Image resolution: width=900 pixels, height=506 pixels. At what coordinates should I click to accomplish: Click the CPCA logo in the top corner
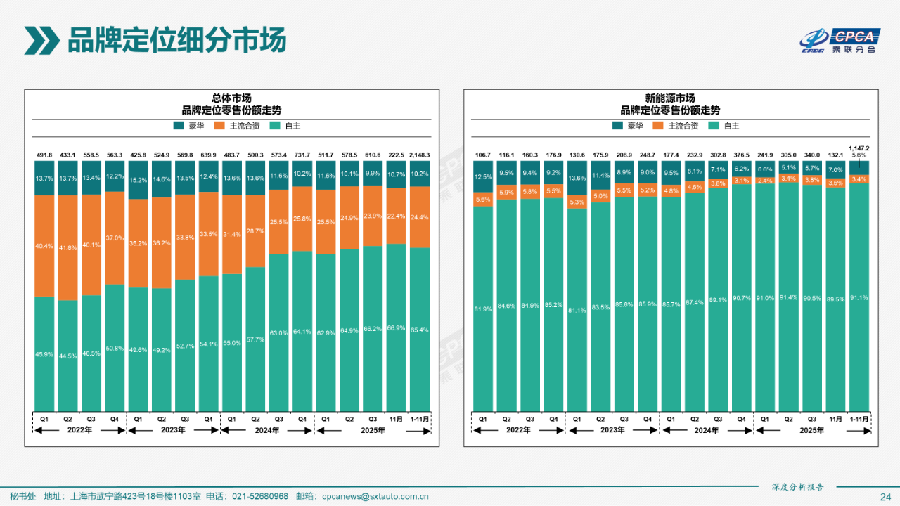840,41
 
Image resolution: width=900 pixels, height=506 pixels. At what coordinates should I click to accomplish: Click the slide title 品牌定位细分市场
176,41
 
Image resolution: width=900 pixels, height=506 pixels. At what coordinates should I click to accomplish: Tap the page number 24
885,497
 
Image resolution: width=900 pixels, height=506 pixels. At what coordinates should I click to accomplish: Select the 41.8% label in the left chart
67,248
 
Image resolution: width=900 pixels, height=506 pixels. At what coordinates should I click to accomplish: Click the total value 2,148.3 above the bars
419,155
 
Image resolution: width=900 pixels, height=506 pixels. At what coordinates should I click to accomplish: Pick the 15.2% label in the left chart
138,180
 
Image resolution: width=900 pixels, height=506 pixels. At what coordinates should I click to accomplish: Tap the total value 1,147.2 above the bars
859,148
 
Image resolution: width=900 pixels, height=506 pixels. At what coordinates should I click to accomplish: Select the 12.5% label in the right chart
482,176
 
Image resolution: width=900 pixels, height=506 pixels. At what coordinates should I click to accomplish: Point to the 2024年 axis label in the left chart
267,431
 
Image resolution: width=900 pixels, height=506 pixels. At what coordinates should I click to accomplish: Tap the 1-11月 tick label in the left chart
420,419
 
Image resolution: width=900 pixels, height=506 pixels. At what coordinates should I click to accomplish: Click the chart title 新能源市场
670,98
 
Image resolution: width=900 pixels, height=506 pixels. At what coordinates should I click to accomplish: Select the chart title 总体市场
231,98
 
